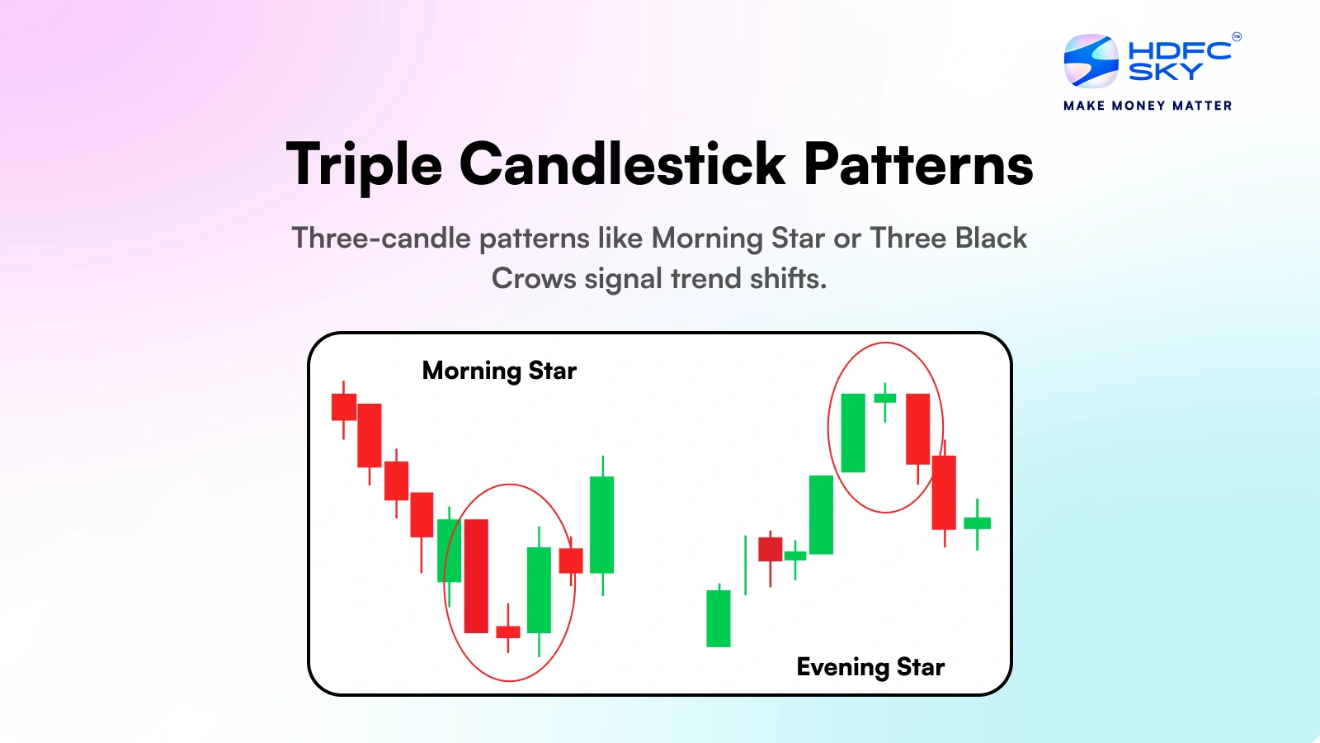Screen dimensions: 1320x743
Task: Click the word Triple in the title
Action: (364, 165)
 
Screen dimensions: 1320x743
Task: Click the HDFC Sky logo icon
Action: (1091, 61)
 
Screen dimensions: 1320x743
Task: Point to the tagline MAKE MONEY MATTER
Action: (1148, 106)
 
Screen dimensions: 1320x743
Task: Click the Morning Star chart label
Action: (499, 371)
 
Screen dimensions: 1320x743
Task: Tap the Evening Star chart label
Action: (870, 667)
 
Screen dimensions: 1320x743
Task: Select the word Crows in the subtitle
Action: (533, 278)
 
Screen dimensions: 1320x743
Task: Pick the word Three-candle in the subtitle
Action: (381, 239)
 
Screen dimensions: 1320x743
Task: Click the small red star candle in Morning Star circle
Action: (508, 632)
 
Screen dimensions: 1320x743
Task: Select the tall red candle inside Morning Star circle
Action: (476, 575)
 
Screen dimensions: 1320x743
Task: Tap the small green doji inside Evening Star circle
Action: (884, 399)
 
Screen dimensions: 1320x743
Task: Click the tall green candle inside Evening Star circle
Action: (853, 433)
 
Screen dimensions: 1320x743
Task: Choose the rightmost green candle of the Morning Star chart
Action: (601, 524)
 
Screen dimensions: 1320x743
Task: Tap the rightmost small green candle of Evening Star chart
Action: (977, 523)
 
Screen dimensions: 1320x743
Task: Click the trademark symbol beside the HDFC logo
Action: (1237, 36)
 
